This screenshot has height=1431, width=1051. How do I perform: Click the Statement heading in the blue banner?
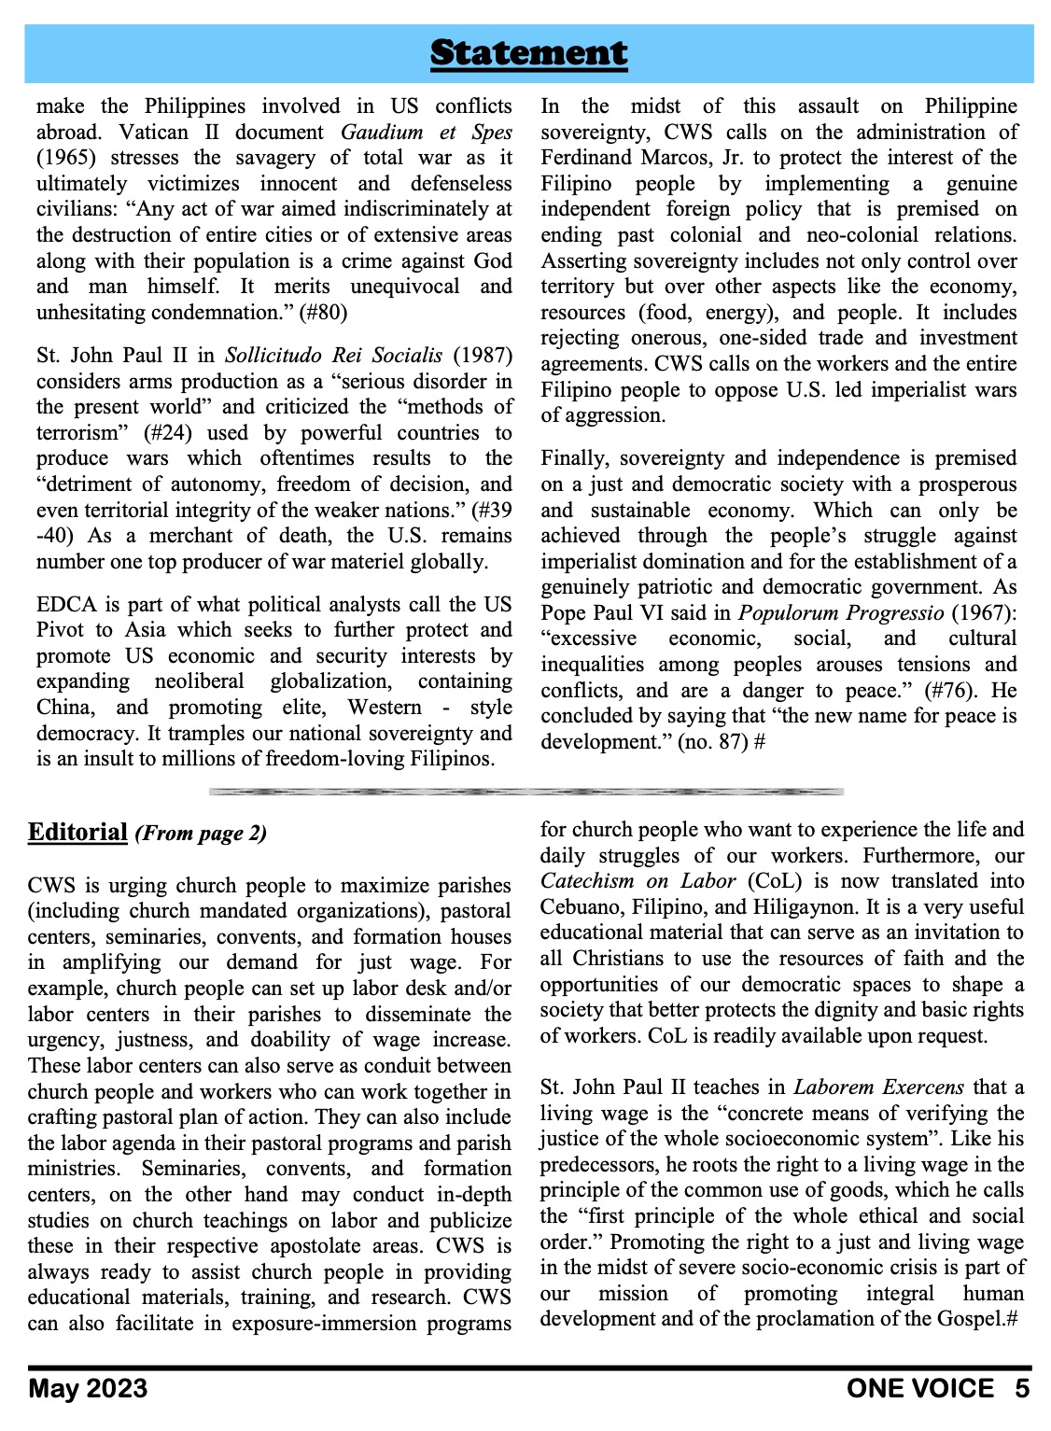click(x=528, y=53)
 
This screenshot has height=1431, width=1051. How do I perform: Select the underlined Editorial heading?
click(x=77, y=832)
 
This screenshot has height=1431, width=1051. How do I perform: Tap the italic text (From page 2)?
click(x=201, y=834)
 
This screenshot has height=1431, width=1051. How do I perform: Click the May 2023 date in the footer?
click(x=88, y=1389)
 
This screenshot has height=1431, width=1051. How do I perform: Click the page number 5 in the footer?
click(x=1022, y=1389)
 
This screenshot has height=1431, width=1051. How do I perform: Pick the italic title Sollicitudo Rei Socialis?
click(x=333, y=356)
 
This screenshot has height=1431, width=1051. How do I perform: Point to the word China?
click(x=65, y=708)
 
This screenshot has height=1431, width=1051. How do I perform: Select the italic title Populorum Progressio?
click(x=841, y=613)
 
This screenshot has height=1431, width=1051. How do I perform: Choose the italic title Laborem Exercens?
click(x=879, y=1087)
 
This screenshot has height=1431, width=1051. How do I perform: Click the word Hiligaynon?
click(x=856, y=907)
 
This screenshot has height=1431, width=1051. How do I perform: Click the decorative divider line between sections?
click(x=526, y=792)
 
